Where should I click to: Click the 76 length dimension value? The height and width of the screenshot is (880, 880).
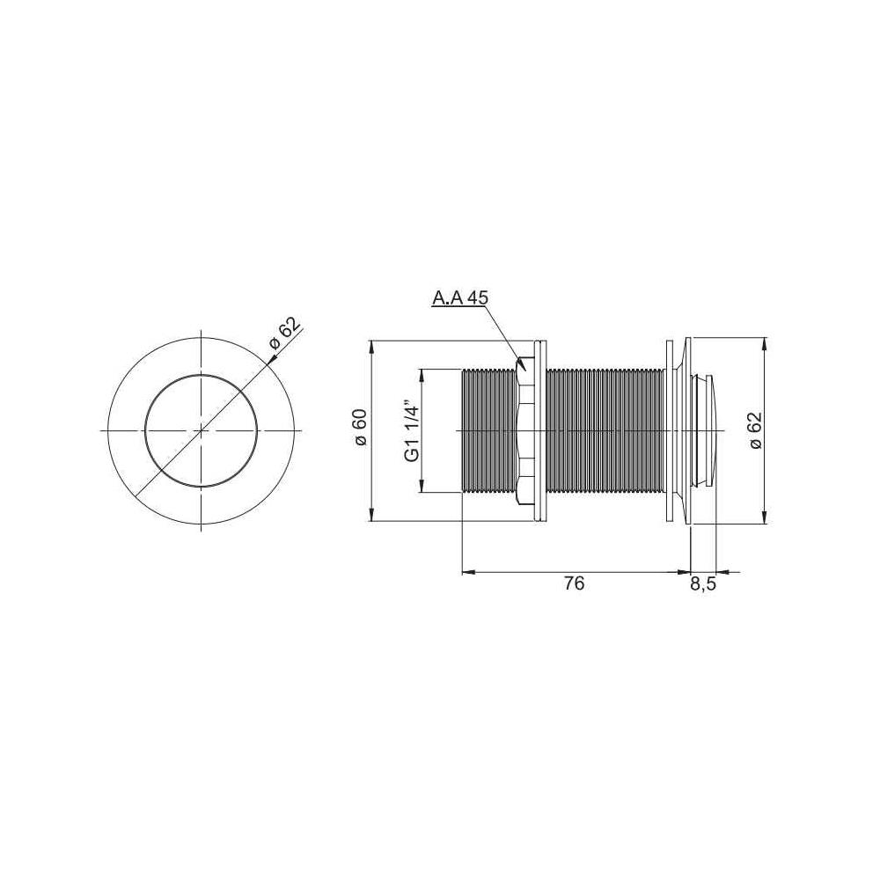pyautogui.click(x=574, y=583)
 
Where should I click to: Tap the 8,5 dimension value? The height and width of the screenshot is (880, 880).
pyautogui.click(x=703, y=585)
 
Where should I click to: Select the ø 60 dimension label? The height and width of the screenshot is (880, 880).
pyautogui.click(x=360, y=428)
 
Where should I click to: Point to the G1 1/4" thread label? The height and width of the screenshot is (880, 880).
pyautogui.click(x=413, y=430)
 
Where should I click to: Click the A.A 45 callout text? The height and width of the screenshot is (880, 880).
pyautogui.click(x=459, y=297)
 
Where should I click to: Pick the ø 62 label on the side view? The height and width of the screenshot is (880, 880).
pyautogui.click(x=755, y=430)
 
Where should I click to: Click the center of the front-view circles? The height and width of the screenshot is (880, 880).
pyautogui.click(x=202, y=430)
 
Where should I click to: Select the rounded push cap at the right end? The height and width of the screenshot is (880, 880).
pyautogui.click(x=707, y=430)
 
